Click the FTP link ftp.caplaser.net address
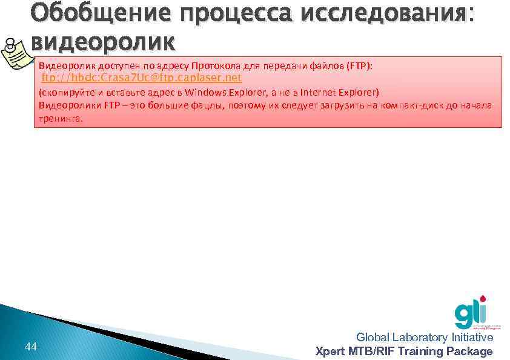click(x=141, y=78)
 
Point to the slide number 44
click(x=31, y=347)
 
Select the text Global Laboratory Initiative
click(x=424, y=338)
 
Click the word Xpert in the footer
click(x=331, y=352)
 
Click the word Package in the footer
click(x=474, y=352)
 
